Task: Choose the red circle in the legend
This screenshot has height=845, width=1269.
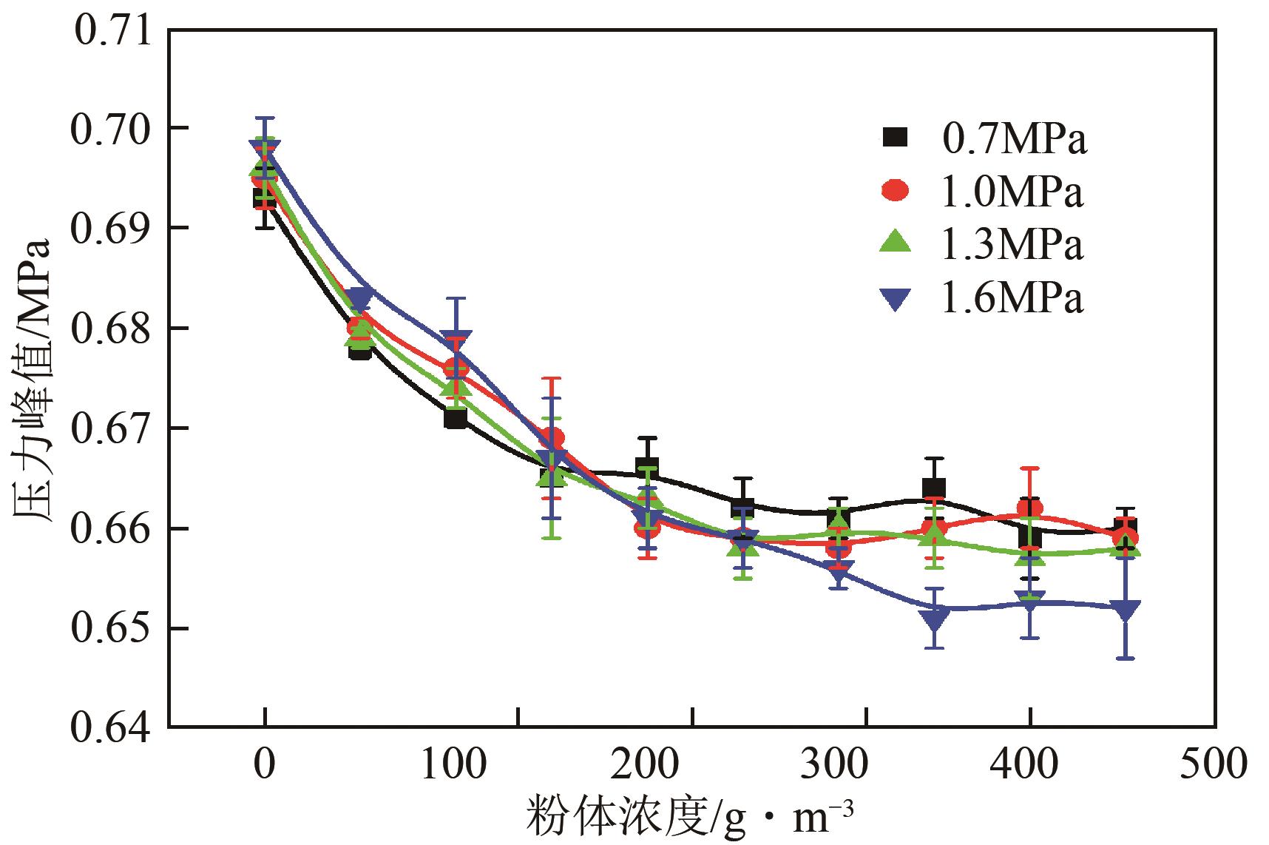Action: pos(897,191)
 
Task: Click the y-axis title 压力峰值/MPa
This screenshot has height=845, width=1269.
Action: pos(33,380)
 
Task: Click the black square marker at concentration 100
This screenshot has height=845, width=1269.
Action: pos(456,418)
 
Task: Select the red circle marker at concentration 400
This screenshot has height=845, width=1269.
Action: pos(1030,509)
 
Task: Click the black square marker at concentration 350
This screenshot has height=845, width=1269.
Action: pos(934,488)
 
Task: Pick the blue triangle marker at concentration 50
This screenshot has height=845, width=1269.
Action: pos(360,298)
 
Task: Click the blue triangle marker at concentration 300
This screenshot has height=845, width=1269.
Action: pos(839,571)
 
